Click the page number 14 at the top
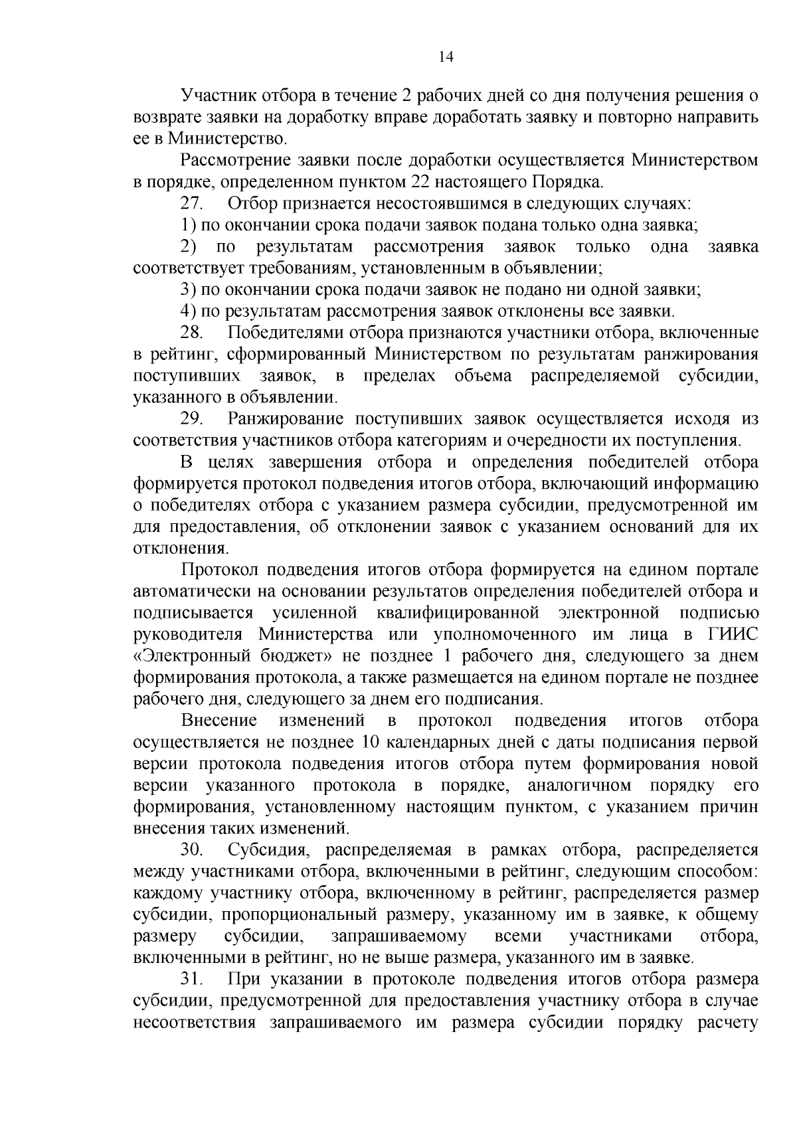446,58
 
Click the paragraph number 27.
192,204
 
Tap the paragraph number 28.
192,333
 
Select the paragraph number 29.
192,419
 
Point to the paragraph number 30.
192,851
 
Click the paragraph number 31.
192,980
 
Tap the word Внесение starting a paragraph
219,721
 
